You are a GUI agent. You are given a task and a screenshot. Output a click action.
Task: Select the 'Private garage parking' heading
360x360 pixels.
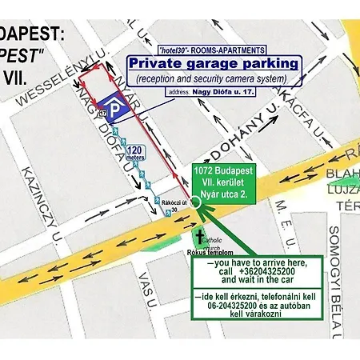pos(214,62)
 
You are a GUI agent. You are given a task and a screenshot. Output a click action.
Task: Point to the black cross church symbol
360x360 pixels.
pos(200,236)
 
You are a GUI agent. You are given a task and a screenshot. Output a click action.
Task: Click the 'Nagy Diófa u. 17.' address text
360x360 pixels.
pos(221,93)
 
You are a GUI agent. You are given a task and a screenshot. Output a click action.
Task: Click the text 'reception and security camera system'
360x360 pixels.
pos(214,79)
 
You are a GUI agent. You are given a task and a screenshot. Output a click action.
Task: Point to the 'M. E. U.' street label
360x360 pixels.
pos(285,217)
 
